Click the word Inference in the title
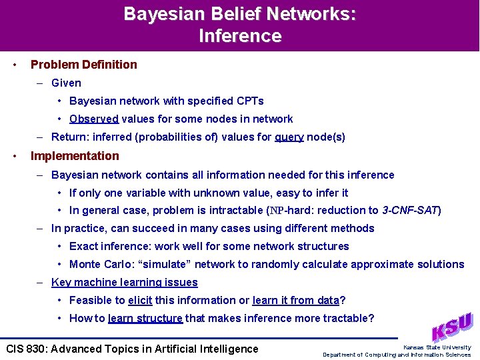(x=240, y=35)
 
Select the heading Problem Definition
(x=84, y=65)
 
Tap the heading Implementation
(x=75, y=156)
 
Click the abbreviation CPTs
(x=250, y=101)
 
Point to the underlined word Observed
(x=94, y=119)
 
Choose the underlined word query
(x=289, y=137)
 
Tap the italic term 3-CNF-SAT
(x=409, y=211)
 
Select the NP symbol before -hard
(x=275, y=211)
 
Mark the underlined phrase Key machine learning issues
(x=125, y=283)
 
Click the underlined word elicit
(x=140, y=301)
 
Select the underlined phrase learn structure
(x=145, y=319)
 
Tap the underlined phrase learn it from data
(x=295, y=301)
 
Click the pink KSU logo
(x=451, y=327)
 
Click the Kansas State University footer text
(x=437, y=347)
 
